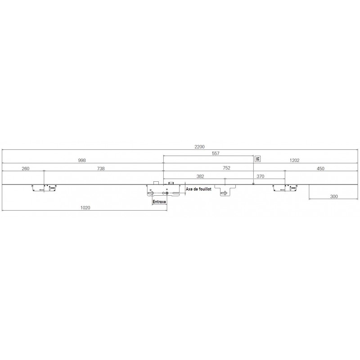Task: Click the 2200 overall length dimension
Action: coord(199,147)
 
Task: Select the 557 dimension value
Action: coord(216,153)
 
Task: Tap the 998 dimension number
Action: coord(82,160)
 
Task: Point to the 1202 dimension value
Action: coord(294,160)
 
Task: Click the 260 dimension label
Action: coord(26,168)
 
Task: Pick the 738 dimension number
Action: coord(101,168)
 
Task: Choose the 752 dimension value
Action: coord(226,168)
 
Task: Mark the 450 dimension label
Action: coord(320,168)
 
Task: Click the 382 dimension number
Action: coord(200,176)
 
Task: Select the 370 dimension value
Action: coord(261,176)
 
